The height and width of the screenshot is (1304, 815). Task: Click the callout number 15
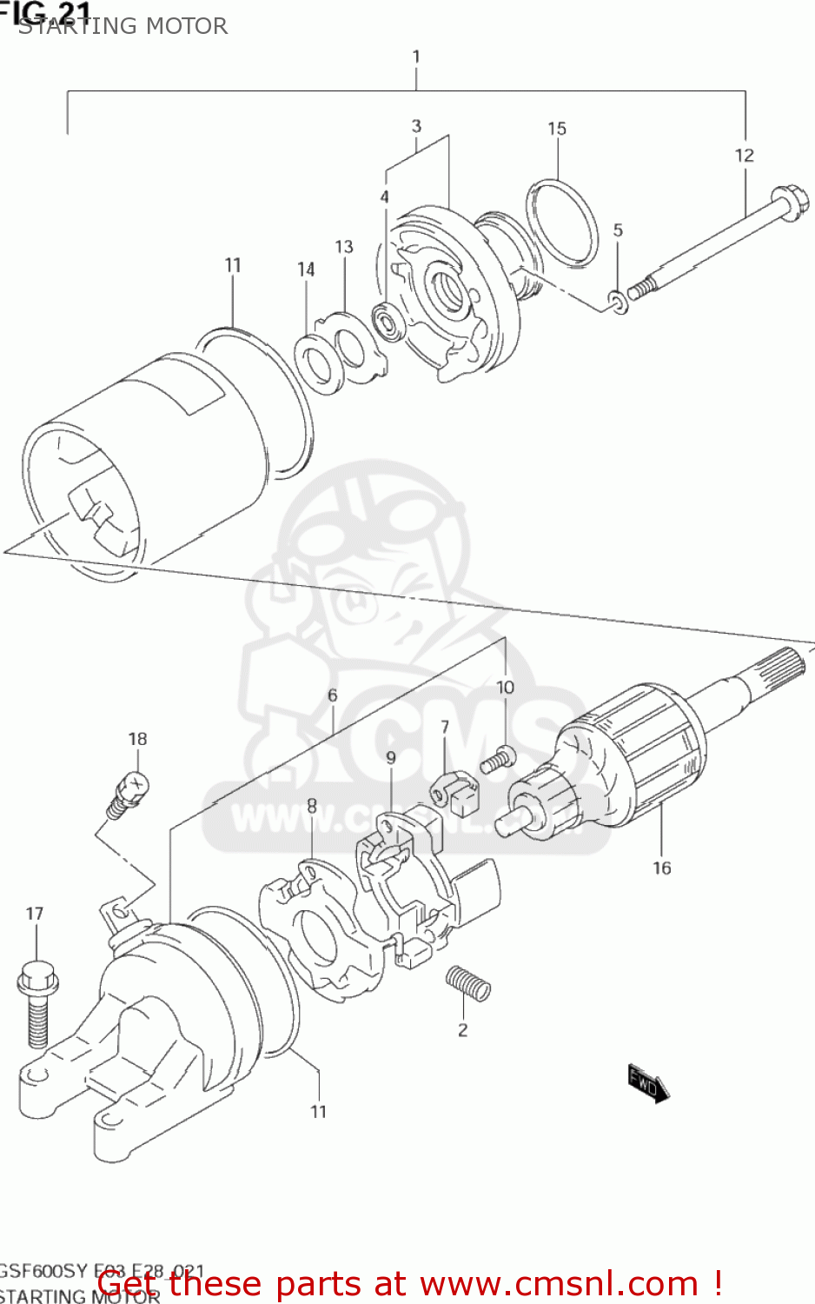pyautogui.click(x=557, y=129)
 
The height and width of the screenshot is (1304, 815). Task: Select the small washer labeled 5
pyautogui.click(x=619, y=303)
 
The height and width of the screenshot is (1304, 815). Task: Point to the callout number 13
pyautogui.click(x=344, y=247)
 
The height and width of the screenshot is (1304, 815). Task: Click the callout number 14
pyautogui.click(x=306, y=269)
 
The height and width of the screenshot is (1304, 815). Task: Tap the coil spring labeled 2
pyautogui.click(x=468, y=983)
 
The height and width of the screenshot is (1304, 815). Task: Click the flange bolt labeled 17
pyautogui.click(x=36, y=1001)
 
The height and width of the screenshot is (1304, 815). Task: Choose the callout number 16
pyautogui.click(x=661, y=868)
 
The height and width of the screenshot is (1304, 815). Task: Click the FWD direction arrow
pyautogui.click(x=648, y=1082)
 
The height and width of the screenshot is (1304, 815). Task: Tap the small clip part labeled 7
pyautogui.click(x=455, y=790)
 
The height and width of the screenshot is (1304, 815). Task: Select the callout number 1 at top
pyautogui.click(x=416, y=57)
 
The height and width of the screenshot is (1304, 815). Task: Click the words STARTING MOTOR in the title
pyautogui.click(x=123, y=26)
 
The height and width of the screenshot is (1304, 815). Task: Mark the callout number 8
pyautogui.click(x=311, y=807)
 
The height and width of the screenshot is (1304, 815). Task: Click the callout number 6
pyautogui.click(x=332, y=695)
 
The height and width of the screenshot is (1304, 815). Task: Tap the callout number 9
pyautogui.click(x=391, y=758)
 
